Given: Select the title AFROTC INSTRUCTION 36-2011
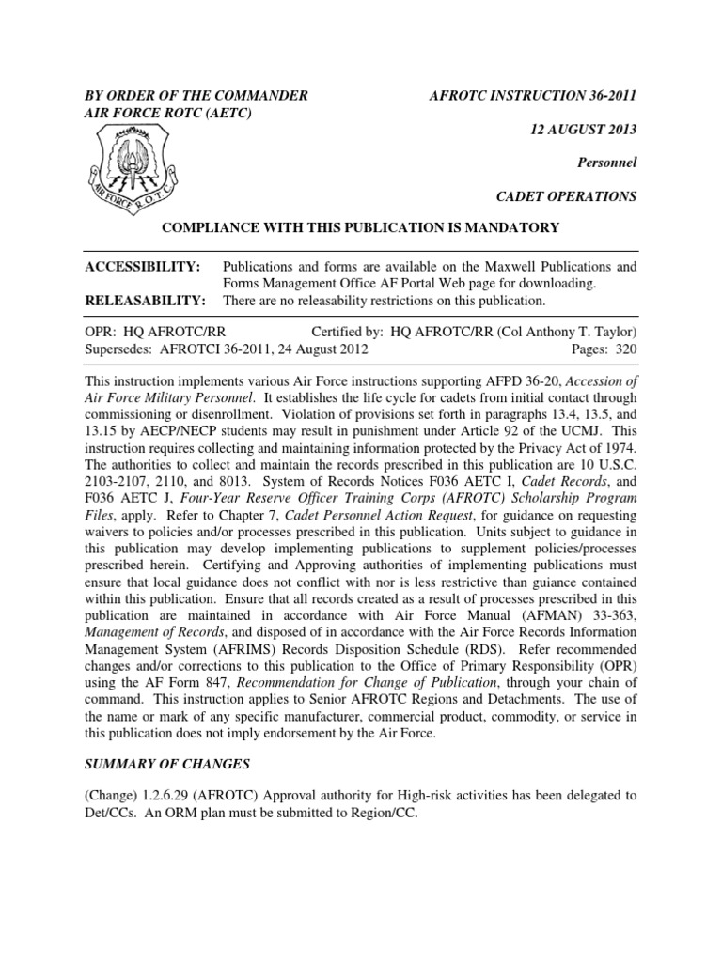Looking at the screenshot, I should (533, 95).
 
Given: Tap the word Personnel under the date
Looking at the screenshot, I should (606, 163).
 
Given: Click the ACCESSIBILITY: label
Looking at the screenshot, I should (143, 267).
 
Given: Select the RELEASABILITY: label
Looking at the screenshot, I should (146, 301).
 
